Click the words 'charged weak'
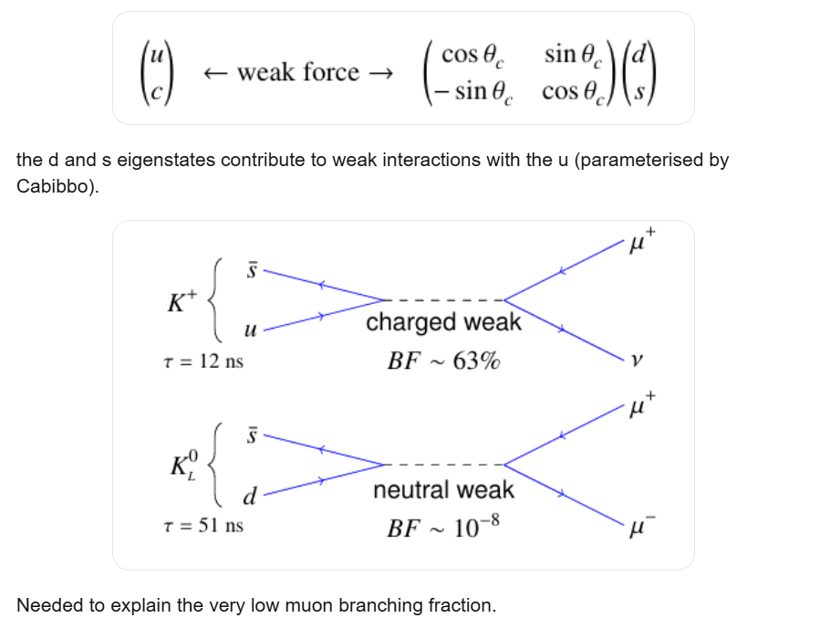pos(443,322)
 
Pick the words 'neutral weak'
pos(443,490)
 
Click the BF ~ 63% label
pos(443,361)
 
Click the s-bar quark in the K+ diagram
pos(253,269)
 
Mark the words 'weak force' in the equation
pos(298,72)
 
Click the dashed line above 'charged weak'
pos(443,300)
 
